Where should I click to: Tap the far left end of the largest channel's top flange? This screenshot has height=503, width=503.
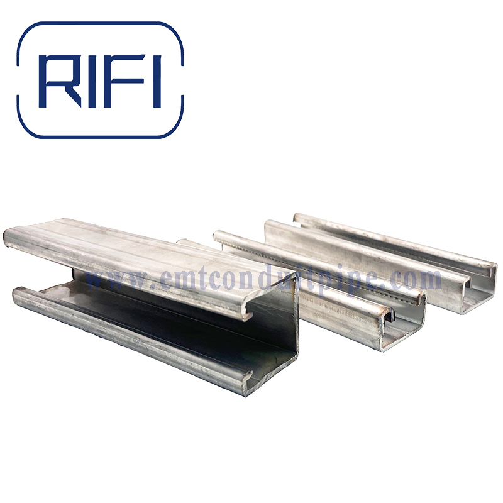tap(9, 238)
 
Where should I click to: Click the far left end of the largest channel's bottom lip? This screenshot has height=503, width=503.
tap(18, 293)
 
